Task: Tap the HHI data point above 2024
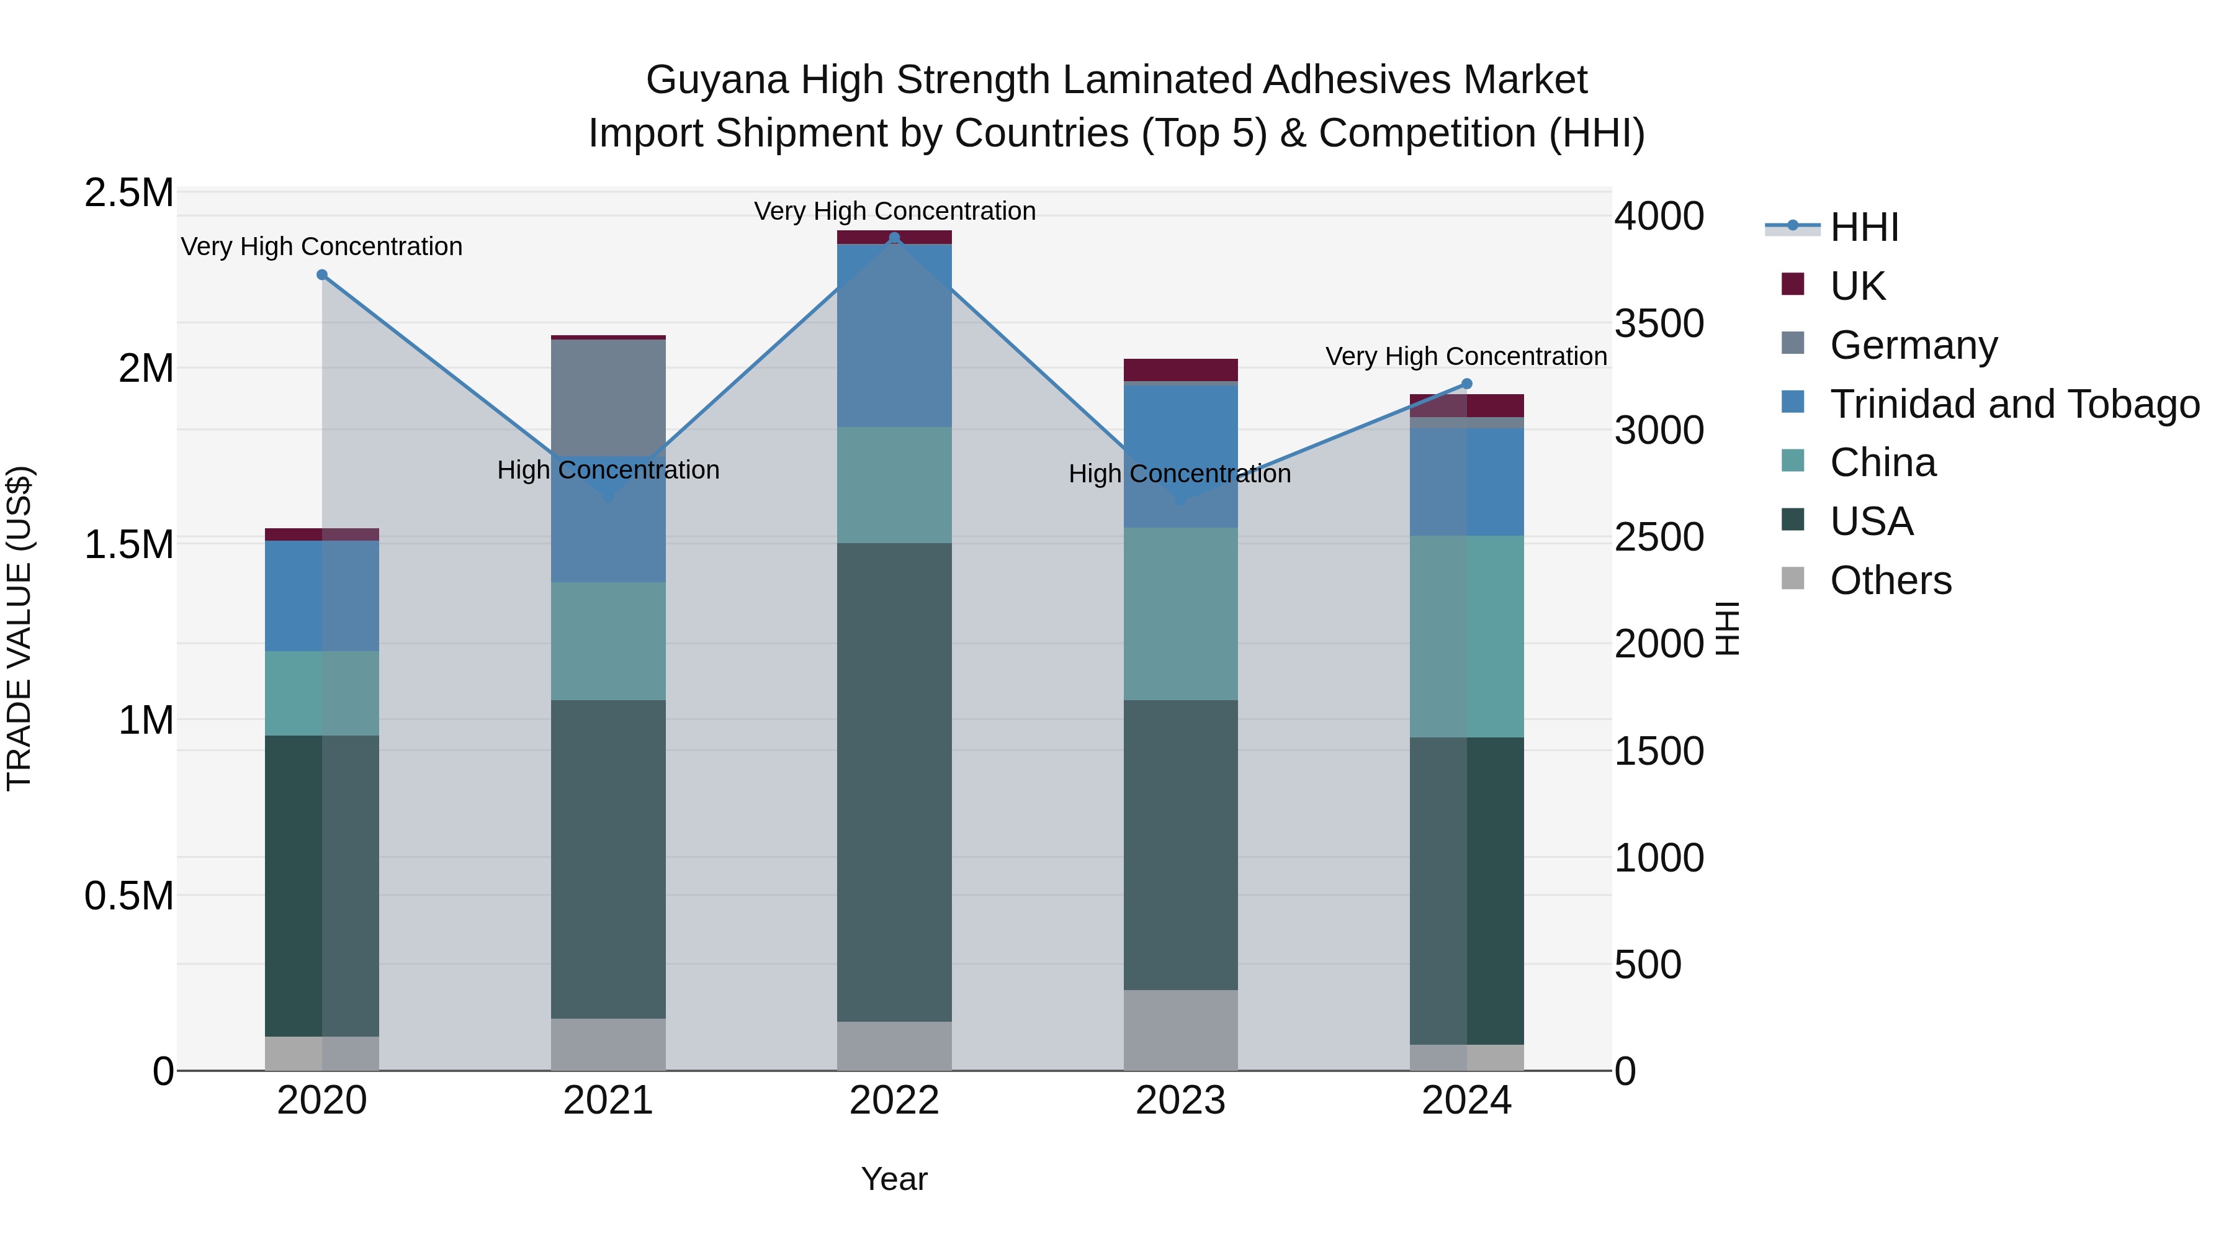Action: [x=1466, y=384]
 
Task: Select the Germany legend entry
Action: [x=1913, y=345]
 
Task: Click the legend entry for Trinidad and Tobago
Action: [x=2014, y=403]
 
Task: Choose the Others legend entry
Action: [x=1891, y=580]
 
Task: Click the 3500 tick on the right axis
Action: [x=1659, y=323]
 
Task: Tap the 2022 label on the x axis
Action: [x=894, y=1101]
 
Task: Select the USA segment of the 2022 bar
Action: [x=894, y=781]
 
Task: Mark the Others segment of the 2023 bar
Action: [x=1180, y=1030]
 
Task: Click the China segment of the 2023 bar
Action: [x=1180, y=613]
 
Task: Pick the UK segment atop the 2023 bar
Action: [x=1180, y=369]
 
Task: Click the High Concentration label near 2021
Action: [x=608, y=470]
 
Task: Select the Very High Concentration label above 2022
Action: [x=894, y=211]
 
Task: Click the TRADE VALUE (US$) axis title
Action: [x=19, y=628]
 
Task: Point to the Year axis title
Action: [x=894, y=1179]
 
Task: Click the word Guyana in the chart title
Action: [x=716, y=80]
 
